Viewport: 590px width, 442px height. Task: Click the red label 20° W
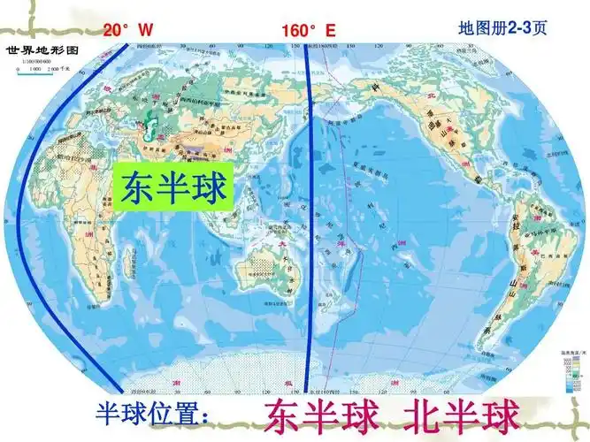[128, 30]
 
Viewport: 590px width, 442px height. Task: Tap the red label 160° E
[309, 31]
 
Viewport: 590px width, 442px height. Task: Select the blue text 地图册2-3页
[502, 28]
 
